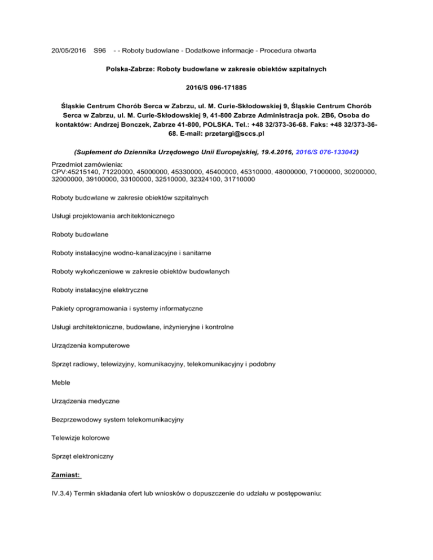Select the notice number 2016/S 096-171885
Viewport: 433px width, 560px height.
216,87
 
